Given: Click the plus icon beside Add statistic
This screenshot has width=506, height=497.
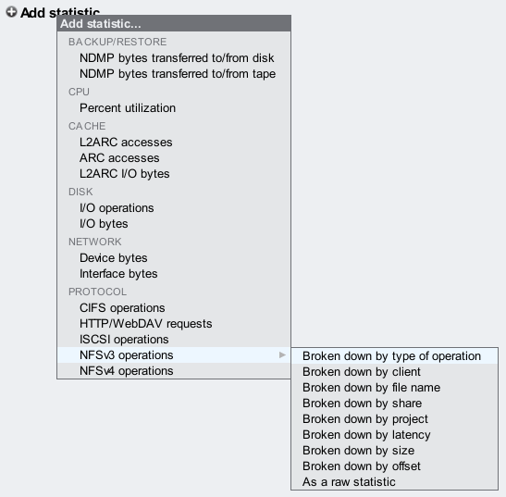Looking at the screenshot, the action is pos(11,12).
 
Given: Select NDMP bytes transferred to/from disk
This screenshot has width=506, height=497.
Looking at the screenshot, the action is pos(177,58).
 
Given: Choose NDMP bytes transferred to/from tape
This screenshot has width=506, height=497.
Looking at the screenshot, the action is pos(178,74).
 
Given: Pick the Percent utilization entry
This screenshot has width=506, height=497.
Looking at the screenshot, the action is pos(128,108).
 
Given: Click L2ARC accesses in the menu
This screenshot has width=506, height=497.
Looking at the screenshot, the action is pos(126,143).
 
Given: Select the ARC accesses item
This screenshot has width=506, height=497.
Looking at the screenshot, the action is pos(119,158).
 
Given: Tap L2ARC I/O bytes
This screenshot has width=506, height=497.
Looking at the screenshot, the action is pos(125,174).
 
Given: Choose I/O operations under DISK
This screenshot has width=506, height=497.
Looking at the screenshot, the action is pos(117,208).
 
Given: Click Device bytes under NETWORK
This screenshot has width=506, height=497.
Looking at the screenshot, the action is pos(113,258).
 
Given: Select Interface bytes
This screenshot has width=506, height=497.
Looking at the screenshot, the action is pos(118,274).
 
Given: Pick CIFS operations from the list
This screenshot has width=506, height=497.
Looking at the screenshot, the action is pos(122,308).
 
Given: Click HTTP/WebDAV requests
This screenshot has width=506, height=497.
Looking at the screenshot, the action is pos(146,324).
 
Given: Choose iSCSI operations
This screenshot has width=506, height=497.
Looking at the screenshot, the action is pos(124,340).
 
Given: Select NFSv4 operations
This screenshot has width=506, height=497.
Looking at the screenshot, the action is pos(126,371).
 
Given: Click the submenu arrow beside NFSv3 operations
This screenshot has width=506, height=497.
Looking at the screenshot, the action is pos(282,354).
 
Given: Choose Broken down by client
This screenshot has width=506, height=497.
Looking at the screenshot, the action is pos(362,372).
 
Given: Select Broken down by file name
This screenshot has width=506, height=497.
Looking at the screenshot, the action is pos(372,388).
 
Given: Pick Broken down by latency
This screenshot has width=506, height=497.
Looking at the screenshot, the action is pos(366,435).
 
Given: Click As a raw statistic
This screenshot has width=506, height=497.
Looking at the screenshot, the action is pos(349,482).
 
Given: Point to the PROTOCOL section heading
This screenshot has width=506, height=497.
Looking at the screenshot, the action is pos(97,292).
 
